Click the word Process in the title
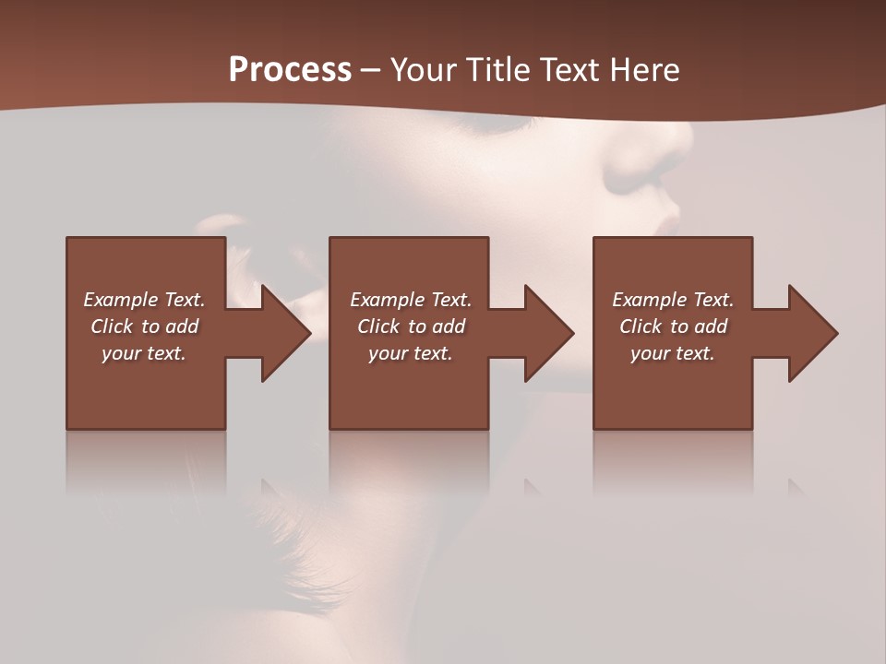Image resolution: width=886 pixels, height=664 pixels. [290, 70]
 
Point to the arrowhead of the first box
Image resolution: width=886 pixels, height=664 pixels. [284, 333]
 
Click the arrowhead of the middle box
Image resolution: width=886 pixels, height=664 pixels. [548, 333]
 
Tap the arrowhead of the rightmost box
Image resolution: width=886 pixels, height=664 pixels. [812, 333]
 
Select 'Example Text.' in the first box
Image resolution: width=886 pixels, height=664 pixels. [144, 300]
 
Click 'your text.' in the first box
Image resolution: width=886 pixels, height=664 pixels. [144, 353]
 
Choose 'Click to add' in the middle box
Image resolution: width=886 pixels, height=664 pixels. [411, 326]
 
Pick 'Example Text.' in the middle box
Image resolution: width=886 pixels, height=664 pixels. [411, 300]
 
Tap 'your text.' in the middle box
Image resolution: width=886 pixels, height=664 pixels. [411, 353]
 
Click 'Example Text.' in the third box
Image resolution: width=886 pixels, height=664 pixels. [673, 300]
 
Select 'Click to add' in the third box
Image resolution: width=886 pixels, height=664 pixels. [673, 326]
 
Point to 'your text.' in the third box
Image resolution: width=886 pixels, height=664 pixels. [673, 353]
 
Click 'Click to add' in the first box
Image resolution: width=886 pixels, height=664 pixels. [144, 326]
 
